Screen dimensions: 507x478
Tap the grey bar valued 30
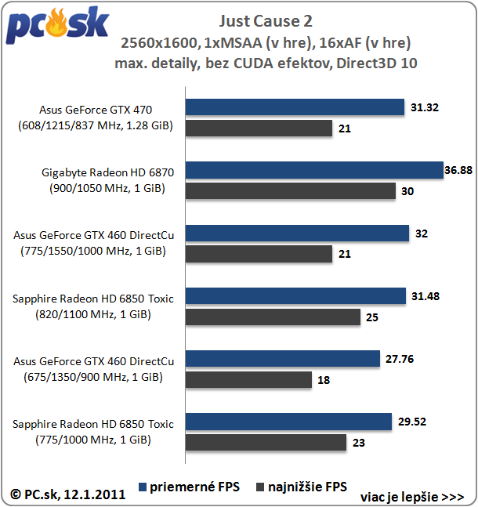point(292,190)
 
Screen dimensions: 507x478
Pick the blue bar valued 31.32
point(295,107)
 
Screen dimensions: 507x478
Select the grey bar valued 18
point(248,379)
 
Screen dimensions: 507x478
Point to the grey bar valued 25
point(273,317)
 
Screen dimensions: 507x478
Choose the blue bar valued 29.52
point(289,422)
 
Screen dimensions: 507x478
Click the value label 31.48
point(425,295)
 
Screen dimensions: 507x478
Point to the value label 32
point(422,233)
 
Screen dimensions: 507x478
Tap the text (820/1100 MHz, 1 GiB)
point(93,314)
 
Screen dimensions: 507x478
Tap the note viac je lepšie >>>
point(412,497)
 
